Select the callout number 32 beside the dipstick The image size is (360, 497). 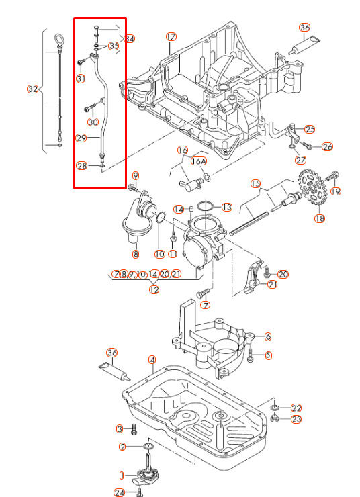(x=32, y=89)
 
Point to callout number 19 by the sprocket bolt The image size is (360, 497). (x=336, y=191)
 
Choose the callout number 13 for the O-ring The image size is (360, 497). (x=226, y=207)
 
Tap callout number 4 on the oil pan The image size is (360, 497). (x=152, y=369)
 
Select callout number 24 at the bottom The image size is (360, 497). (x=119, y=493)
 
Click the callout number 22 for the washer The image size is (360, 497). (x=296, y=408)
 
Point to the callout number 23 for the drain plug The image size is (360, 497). (x=296, y=419)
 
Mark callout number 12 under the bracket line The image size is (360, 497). (x=154, y=290)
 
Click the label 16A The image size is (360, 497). (x=198, y=161)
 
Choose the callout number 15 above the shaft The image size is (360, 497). (x=255, y=183)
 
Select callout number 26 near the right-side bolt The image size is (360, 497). (x=327, y=146)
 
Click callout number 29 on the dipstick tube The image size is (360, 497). (x=81, y=138)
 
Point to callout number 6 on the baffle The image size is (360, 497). (x=268, y=336)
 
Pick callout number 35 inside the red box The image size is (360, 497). (x=114, y=46)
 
